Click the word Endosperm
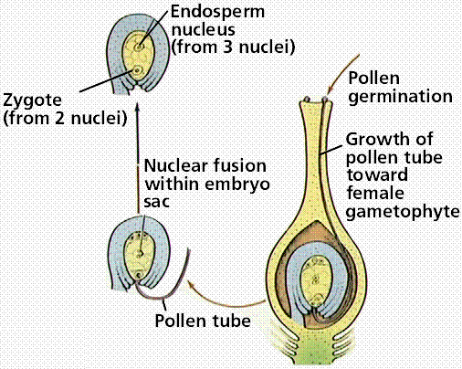tap(217, 12)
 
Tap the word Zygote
tap(32, 100)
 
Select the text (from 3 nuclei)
tap(233, 47)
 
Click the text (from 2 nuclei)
tap(65, 118)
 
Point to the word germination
tap(400, 98)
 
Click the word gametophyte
tap(403, 212)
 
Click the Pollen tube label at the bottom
tap(203, 321)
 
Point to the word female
tap(375, 194)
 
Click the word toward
tap(377, 175)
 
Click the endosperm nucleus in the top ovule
tap(140, 47)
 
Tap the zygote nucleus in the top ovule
tap(137, 70)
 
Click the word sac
tap(156, 202)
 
